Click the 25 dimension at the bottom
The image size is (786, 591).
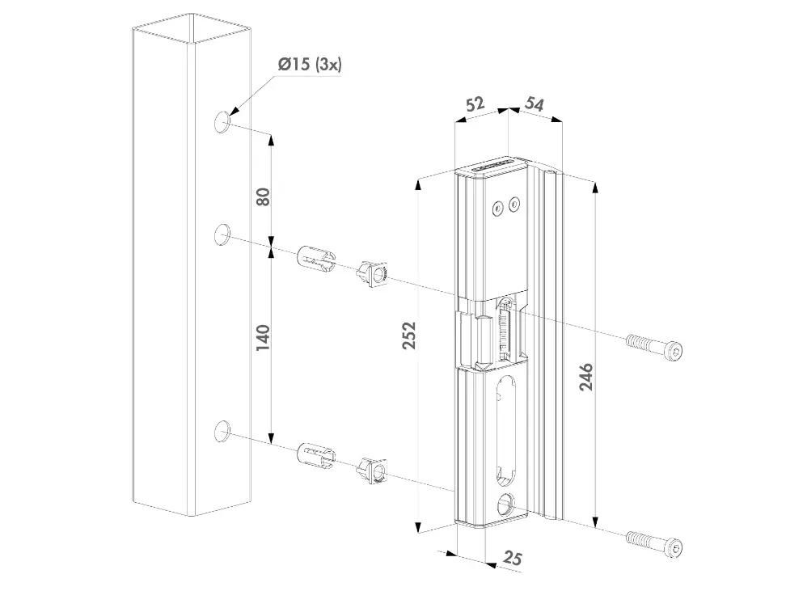click(x=511, y=557)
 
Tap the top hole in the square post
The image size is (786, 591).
click(x=222, y=122)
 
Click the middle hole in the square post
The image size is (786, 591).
click(x=222, y=234)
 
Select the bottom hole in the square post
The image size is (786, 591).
click(x=222, y=432)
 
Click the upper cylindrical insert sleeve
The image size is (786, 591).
click(x=315, y=260)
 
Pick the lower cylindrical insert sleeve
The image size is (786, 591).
click(x=315, y=456)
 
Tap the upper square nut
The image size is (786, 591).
click(x=370, y=272)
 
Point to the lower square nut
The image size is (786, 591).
click(x=370, y=470)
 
